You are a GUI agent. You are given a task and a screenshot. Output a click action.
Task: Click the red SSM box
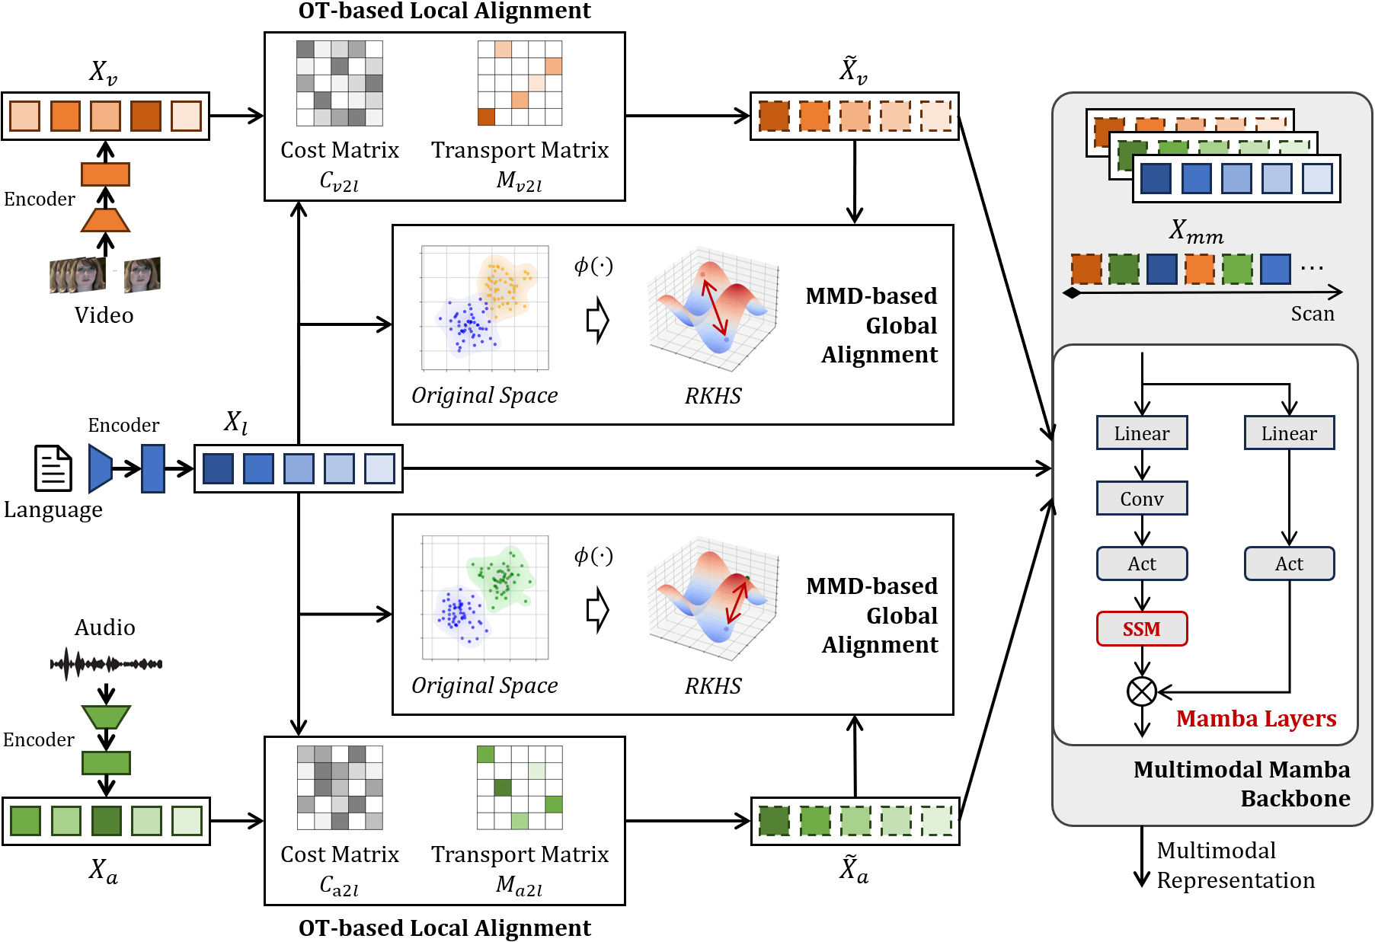point(1141,629)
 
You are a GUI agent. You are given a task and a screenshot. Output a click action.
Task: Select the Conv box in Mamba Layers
point(1141,499)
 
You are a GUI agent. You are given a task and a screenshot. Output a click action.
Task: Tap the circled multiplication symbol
point(1141,691)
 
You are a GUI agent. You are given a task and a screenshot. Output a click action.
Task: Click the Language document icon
point(53,468)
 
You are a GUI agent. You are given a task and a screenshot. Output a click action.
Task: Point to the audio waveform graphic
point(106,664)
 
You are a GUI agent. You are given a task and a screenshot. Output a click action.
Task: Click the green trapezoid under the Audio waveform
point(106,717)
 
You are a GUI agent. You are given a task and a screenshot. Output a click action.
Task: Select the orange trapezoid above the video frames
point(105,220)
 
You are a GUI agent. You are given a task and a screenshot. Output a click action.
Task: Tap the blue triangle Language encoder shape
point(100,468)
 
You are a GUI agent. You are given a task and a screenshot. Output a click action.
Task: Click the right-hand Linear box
point(1289,433)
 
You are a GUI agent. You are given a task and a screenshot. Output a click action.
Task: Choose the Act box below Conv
point(1141,564)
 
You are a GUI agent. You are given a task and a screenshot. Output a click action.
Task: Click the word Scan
point(1312,314)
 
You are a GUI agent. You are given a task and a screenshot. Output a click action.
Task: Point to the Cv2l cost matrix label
point(339,181)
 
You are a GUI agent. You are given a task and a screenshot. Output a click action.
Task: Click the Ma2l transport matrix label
point(519,885)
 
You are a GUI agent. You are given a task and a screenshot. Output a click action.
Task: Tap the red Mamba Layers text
point(1255,718)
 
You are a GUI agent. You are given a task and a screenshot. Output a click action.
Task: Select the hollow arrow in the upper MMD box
point(598,320)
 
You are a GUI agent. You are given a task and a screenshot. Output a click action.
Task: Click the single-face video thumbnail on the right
point(142,275)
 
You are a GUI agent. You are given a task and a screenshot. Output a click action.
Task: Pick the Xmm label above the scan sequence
point(1196,230)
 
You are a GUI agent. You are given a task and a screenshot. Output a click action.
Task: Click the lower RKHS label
point(712,686)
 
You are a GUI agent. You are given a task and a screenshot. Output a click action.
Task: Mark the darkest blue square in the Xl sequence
point(218,468)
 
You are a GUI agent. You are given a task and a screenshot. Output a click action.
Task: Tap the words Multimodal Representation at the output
point(1235,865)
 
